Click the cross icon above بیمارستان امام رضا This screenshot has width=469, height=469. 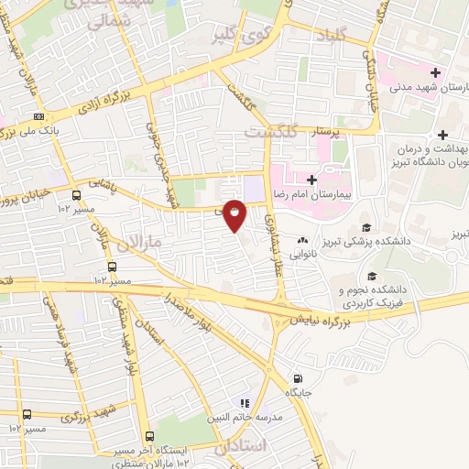pos(311,180)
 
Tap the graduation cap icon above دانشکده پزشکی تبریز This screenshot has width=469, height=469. pos(366,227)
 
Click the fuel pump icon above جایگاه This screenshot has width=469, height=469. pos(297,377)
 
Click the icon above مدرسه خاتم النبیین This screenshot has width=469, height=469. pos(244,402)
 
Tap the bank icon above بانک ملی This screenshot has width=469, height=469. pos(38,117)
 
